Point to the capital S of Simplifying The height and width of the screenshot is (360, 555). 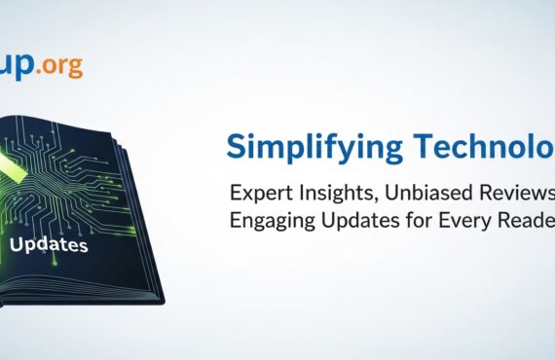click(237, 146)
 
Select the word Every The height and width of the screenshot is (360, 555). click(456, 222)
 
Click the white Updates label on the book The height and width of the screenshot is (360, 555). click(49, 245)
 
